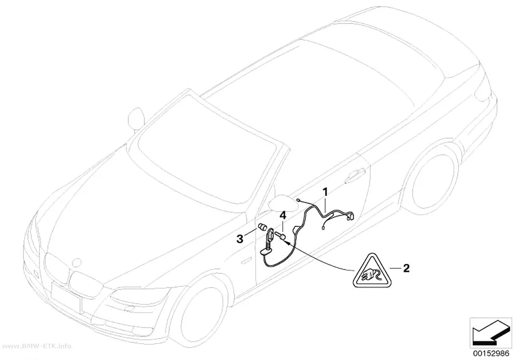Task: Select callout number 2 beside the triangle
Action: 406,268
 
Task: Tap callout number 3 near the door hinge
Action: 240,239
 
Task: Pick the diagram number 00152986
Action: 491,354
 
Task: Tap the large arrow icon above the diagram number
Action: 491,333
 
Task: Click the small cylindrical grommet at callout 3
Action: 262,227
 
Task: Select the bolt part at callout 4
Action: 280,236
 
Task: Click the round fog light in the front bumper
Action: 127,308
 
